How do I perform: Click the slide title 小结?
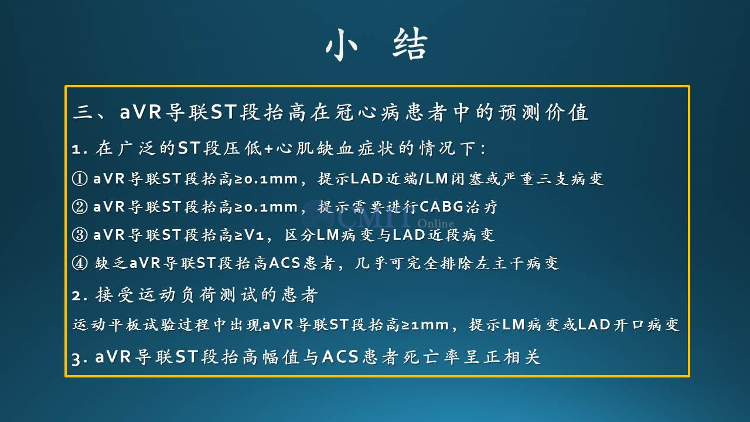coord(377,45)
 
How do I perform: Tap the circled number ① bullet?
coord(80,179)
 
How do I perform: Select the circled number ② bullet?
coord(80,207)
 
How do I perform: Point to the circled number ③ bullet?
coord(80,235)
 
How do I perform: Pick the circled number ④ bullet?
coord(80,263)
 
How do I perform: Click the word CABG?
coord(441,207)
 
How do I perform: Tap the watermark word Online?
coord(435,223)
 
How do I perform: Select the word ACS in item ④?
coord(285,263)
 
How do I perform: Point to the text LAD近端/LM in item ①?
coord(400,179)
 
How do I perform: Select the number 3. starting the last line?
coord(80,358)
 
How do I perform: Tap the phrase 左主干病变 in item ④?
coord(517,263)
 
